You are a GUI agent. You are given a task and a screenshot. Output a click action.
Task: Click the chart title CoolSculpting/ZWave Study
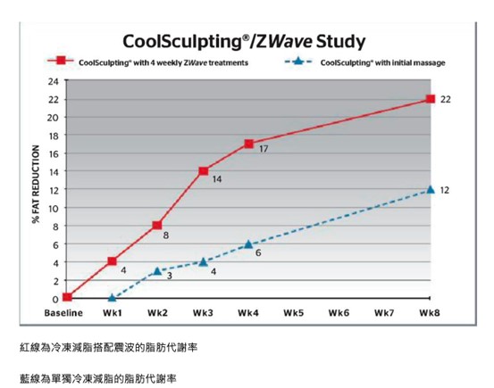pos(243,42)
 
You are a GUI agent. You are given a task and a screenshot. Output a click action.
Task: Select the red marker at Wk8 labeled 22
pos(430,99)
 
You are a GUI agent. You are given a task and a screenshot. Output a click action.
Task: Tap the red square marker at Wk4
pos(248,144)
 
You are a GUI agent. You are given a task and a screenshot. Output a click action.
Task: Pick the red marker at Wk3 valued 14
pos(203,170)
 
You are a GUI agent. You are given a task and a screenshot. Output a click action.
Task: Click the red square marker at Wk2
pos(157,226)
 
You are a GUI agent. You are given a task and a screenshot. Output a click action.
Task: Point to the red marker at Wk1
pos(112,261)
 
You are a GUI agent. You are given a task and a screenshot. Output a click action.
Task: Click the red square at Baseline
pos(67,298)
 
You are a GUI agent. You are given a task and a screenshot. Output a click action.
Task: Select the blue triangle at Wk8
pos(430,189)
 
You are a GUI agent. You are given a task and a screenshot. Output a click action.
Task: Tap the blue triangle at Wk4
pos(248,244)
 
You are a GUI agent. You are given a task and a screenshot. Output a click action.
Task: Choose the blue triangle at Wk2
pos(157,270)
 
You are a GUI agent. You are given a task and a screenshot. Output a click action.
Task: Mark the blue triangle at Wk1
pos(112,298)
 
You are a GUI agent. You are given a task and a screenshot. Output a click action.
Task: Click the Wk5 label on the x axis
pos(294,314)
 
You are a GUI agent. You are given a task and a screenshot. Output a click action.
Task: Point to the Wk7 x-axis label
pos(384,314)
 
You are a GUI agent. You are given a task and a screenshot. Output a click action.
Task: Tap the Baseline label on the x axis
pos(63,314)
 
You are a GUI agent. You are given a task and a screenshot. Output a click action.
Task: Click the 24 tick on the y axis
pos(53,81)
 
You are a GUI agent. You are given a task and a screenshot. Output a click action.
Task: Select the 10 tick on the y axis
pos(53,208)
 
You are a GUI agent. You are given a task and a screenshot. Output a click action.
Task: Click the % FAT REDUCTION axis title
pos(37,189)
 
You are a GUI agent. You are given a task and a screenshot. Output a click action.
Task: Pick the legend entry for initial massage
pos(382,63)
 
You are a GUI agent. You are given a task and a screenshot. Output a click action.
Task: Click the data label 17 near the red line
pos(264,149)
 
